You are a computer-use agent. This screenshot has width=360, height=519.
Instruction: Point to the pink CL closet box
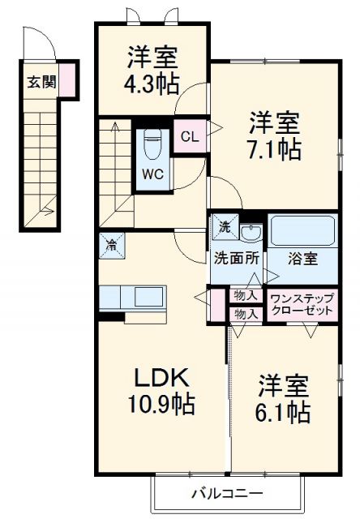click(x=188, y=136)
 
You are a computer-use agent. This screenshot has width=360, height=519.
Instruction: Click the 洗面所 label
click(x=236, y=260)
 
